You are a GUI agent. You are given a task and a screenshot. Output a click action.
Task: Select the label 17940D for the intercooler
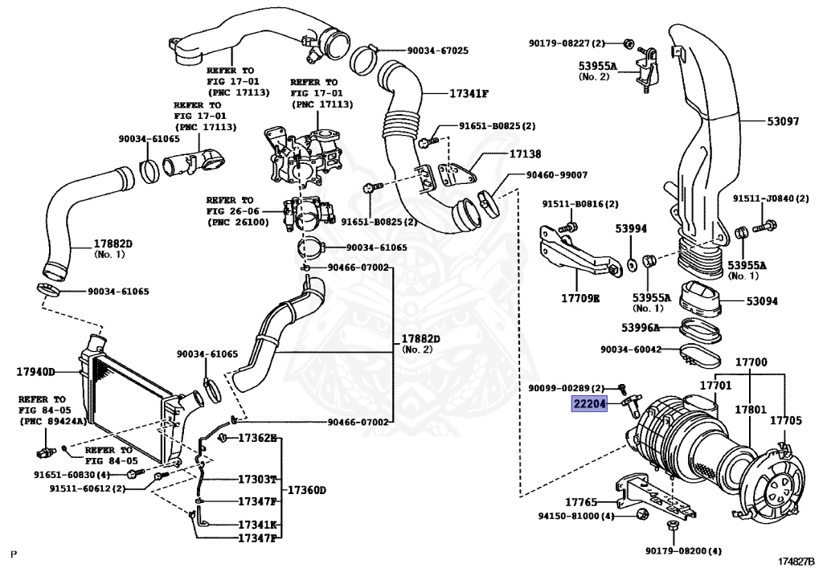pyautogui.click(x=35, y=372)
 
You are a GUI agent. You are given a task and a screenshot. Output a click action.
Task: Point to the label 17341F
pyautogui.click(x=469, y=93)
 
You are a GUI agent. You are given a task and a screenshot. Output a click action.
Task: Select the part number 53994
pyautogui.click(x=631, y=229)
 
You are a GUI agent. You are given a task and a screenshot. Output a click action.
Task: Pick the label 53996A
pyautogui.click(x=640, y=327)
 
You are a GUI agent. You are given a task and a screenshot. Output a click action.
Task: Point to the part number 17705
pyautogui.click(x=785, y=419)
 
